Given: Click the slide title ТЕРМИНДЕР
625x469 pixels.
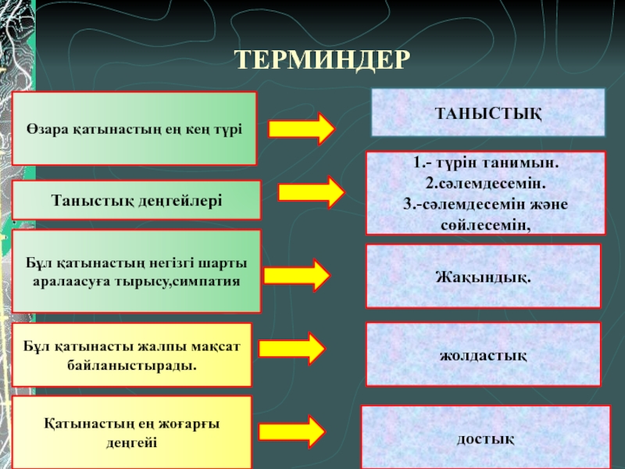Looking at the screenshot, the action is (322, 59).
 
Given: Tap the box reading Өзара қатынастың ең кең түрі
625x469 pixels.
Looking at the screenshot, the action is (134, 128).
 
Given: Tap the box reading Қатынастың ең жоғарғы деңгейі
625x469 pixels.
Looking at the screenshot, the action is (131, 432).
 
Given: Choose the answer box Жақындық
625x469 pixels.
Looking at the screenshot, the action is (483, 275).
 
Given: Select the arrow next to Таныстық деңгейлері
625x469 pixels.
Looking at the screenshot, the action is (310, 192).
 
